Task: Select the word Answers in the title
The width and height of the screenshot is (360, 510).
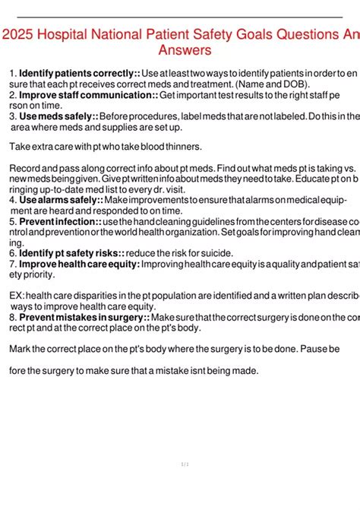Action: pyautogui.click(x=185, y=51)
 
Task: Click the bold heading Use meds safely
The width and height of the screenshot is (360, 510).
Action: pyautogui.click(x=57, y=116)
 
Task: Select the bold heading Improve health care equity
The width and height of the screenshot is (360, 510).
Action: pyautogui.click(x=79, y=264)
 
